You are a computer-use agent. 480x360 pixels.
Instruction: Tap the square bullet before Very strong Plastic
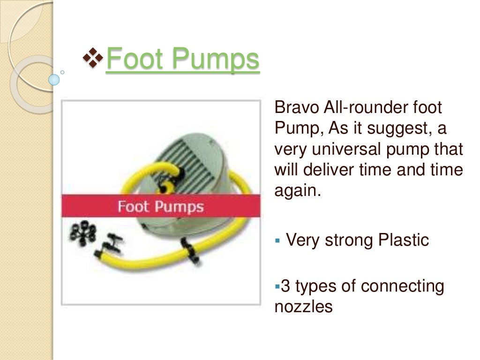[x=277, y=240]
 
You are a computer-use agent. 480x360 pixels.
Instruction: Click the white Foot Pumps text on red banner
[x=160, y=207]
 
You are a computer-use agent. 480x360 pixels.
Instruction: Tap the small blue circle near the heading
[x=54, y=79]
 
